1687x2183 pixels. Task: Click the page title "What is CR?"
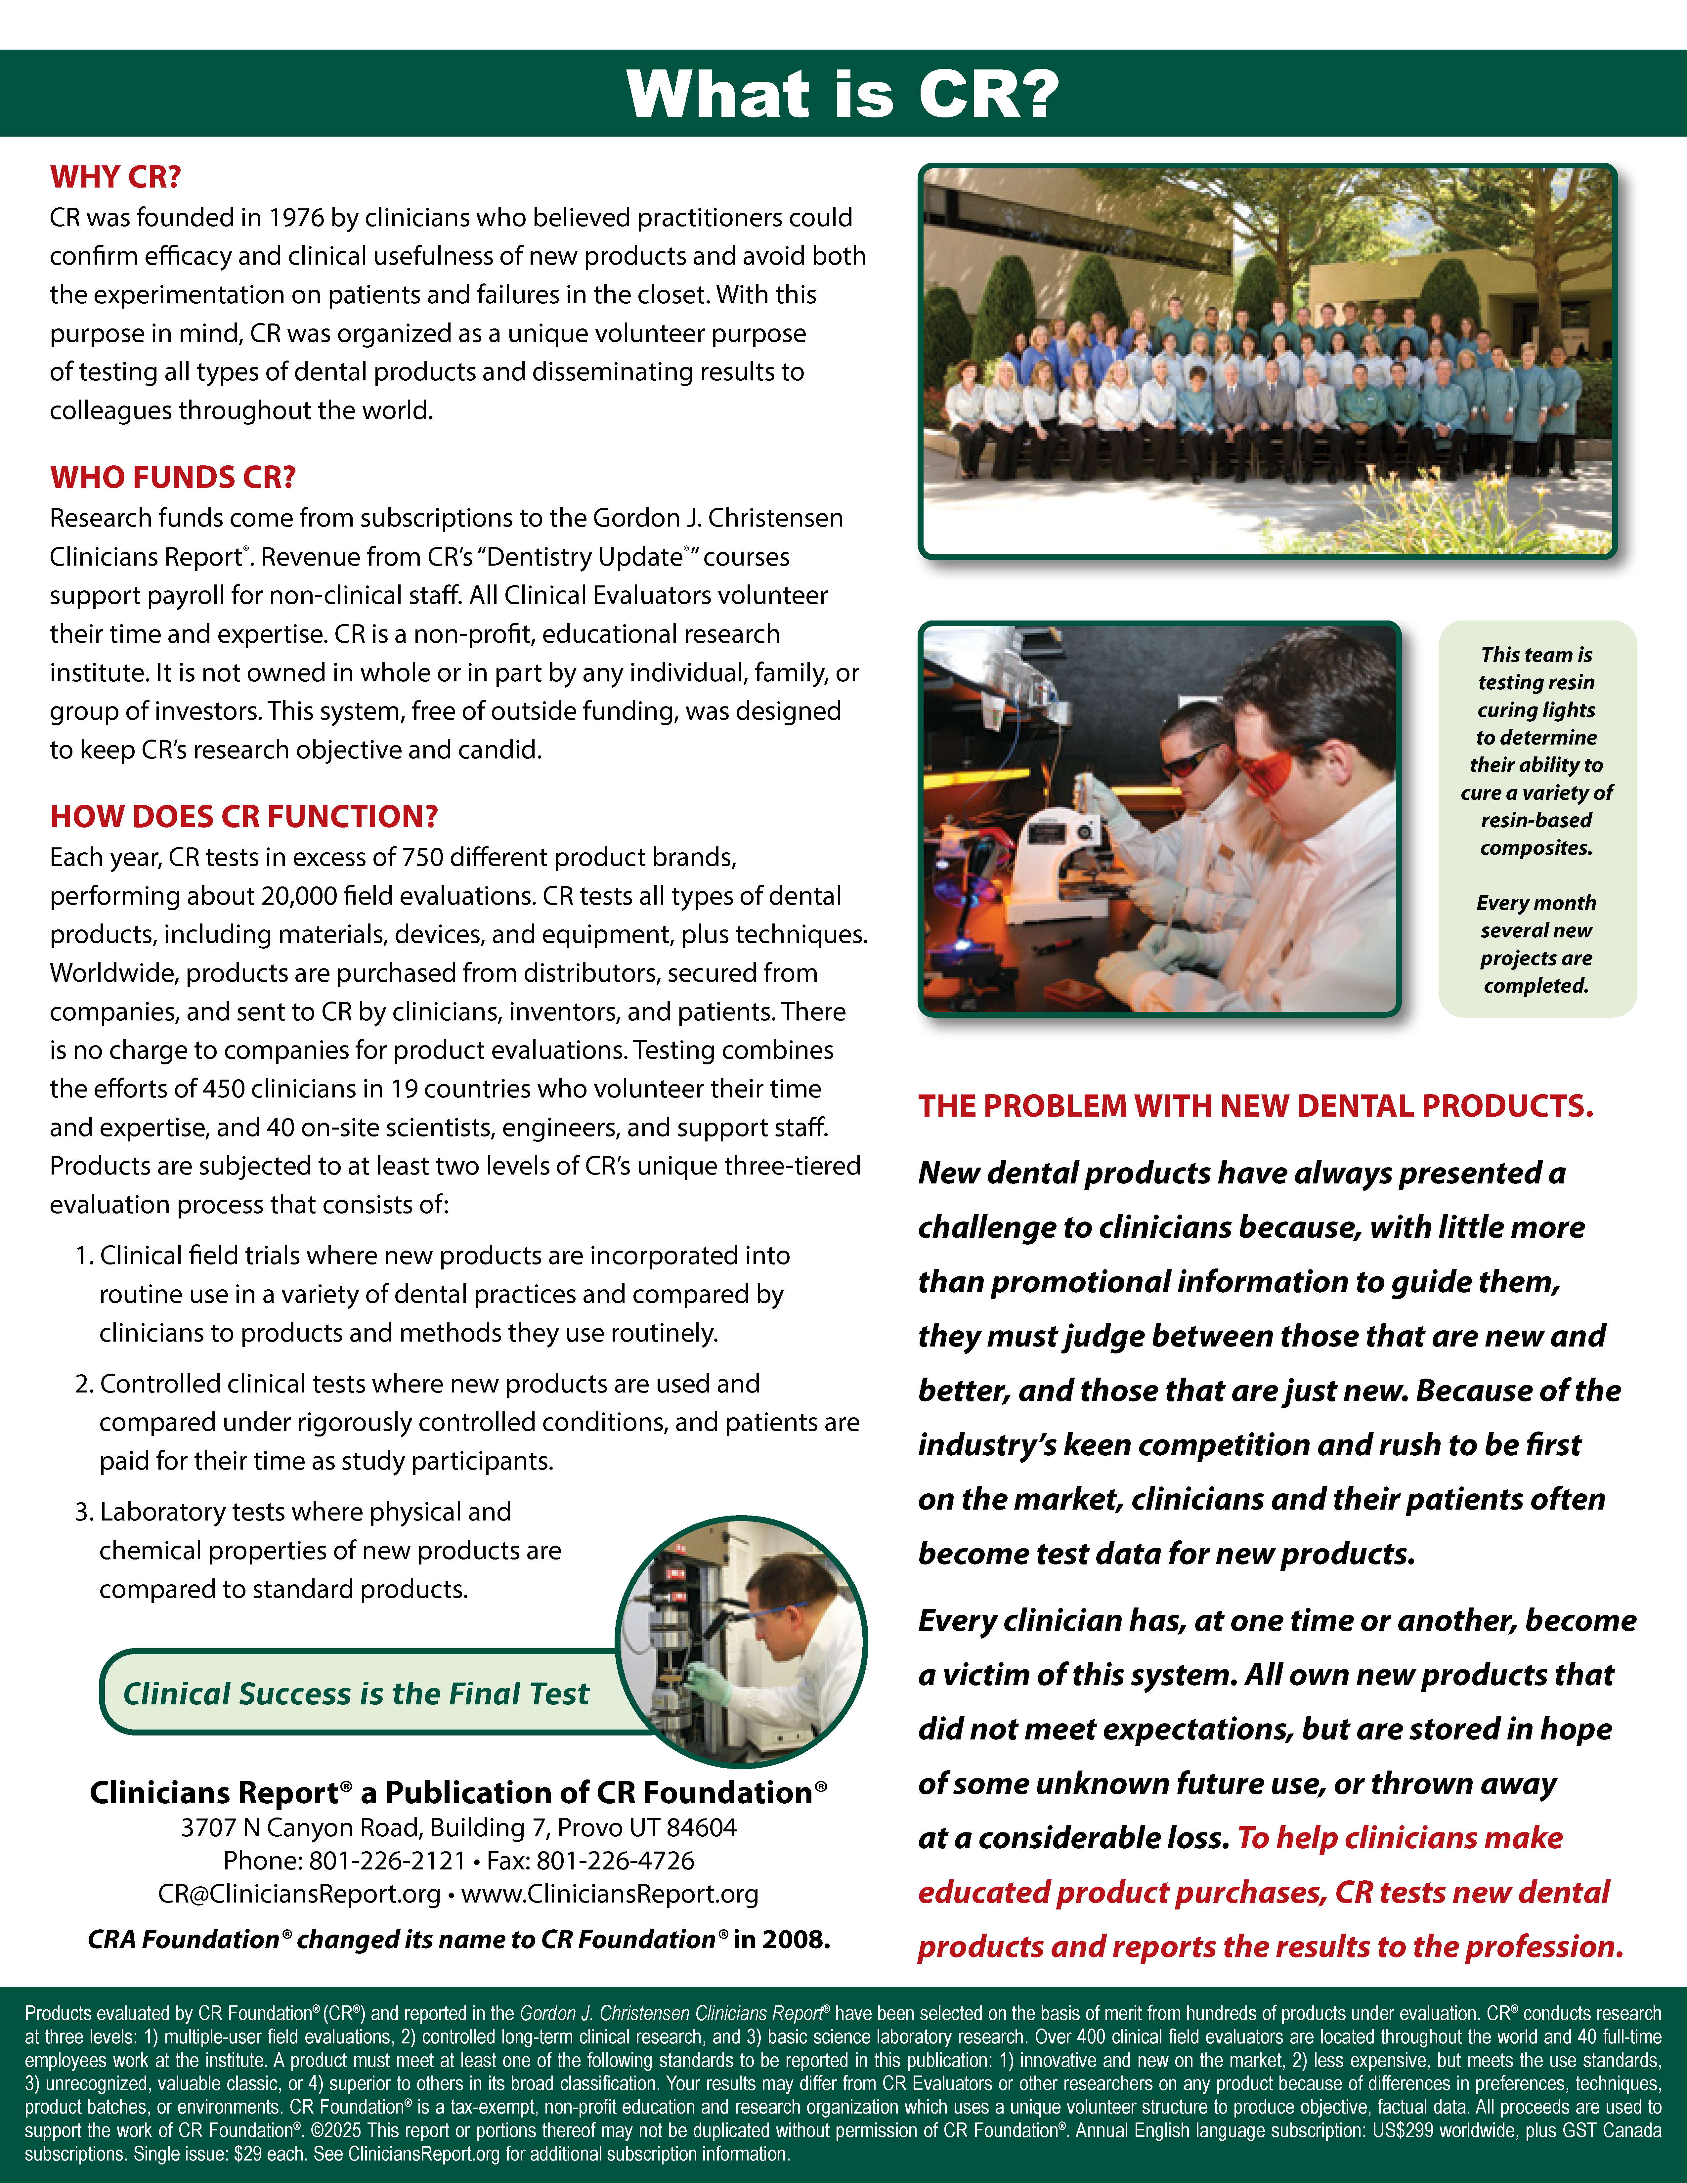(843, 95)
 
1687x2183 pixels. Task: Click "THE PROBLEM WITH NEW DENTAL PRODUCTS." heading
(1255, 1106)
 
